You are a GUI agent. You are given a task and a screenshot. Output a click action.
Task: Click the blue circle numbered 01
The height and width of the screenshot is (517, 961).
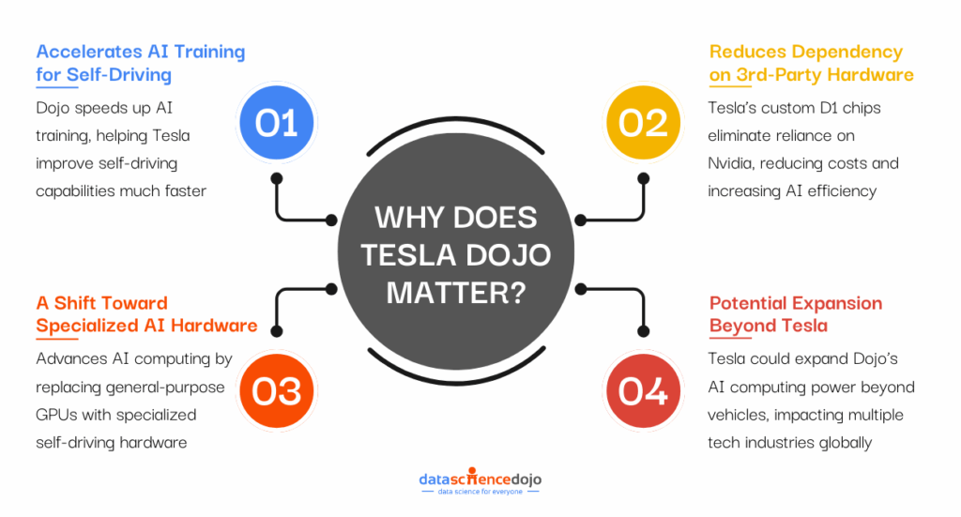pyautogui.click(x=276, y=122)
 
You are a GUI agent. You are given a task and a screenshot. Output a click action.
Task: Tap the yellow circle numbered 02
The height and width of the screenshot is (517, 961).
pyautogui.click(x=643, y=122)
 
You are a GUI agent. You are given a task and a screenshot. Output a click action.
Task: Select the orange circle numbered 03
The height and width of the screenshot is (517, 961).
pyautogui.click(x=276, y=391)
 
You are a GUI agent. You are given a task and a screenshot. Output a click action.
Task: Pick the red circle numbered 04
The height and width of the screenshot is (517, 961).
pyautogui.click(x=643, y=391)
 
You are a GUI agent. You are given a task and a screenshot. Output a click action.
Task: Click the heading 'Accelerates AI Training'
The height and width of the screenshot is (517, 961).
pyautogui.click(x=140, y=52)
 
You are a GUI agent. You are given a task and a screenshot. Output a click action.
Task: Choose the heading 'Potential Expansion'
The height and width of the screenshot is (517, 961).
pyautogui.click(x=795, y=303)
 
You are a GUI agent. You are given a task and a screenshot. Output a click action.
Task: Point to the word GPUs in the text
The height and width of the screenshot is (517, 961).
pyautogui.click(x=59, y=414)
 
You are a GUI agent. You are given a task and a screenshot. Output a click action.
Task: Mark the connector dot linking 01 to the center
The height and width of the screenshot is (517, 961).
pyautogui.click(x=331, y=221)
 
